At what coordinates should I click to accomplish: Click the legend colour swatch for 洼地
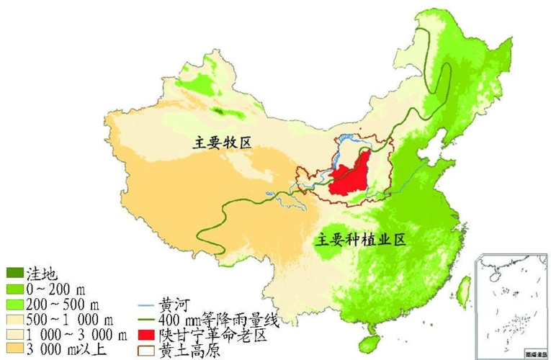click(15, 274)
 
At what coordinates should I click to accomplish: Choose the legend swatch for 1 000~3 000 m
click(15, 334)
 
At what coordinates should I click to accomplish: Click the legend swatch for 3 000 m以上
click(15, 349)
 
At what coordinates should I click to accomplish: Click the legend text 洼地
click(42, 274)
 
